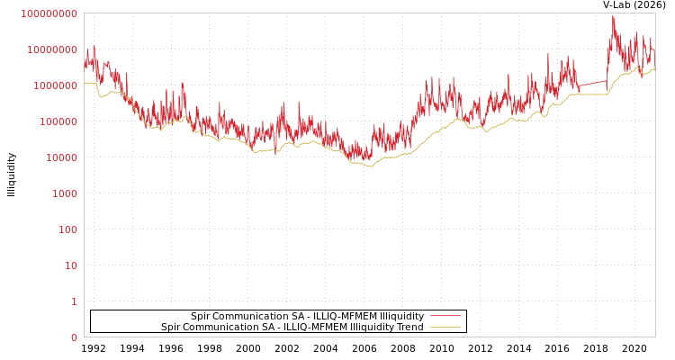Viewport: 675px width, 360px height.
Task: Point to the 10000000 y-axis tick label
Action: tap(51, 49)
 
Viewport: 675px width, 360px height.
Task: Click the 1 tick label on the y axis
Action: tap(74, 301)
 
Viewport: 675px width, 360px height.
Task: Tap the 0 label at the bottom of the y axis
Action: tap(74, 337)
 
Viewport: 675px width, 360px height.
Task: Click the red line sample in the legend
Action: tap(445, 316)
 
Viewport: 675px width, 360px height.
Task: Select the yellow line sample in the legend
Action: tap(445, 327)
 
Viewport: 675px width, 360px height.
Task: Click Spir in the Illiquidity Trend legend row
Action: tap(171, 327)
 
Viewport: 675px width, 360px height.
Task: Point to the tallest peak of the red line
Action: tap(614, 16)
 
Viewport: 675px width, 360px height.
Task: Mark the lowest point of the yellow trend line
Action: tap(369, 166)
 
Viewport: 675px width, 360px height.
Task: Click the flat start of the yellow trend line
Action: tap(90, 84)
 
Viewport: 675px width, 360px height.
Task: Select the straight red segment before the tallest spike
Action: tap(591, 84)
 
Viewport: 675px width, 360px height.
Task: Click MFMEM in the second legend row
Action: tap(333, 327)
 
